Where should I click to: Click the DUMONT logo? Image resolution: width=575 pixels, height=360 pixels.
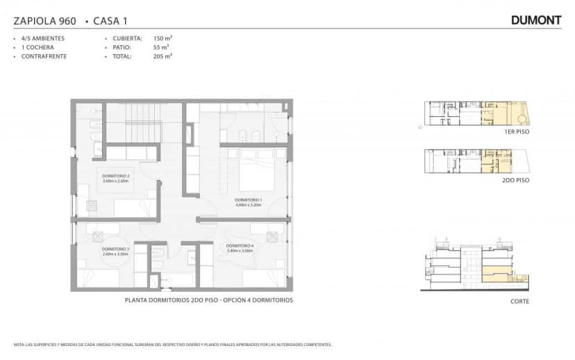(535, 20)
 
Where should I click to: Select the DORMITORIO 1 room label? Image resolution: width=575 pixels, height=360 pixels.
(248, 202)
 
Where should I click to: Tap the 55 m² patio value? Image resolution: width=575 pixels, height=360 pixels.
(160, 47)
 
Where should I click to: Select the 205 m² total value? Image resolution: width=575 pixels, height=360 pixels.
(162, 56)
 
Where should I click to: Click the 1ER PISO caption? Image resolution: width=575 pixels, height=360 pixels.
(515, 131)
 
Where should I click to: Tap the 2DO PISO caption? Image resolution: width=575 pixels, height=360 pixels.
(515, 179)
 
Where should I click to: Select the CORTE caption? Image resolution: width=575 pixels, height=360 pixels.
(519, 301)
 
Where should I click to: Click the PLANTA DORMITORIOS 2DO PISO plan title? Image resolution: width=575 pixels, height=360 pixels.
(208, 300)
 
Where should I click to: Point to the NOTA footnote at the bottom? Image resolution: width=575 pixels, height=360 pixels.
(172, 345)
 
